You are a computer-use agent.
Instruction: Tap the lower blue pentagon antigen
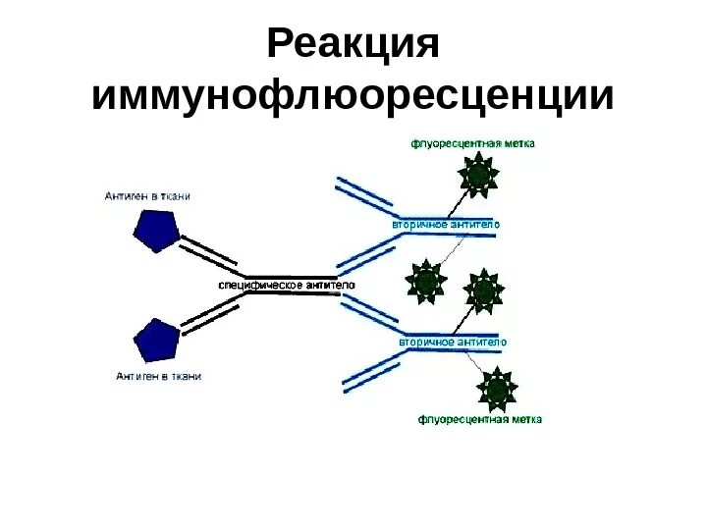pyautogui.click(x=157, y=340)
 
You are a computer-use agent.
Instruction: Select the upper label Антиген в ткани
pyautogui.click(x=147, y=196)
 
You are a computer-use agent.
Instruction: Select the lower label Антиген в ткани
pyautogui.click(x=158, y=376)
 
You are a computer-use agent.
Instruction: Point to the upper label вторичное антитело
pyautogui.click(x=446, y=225)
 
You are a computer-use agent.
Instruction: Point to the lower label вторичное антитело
pyautogui.click(x=453, y=342)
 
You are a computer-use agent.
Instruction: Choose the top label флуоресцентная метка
pyautogui.click(x=472, y=143)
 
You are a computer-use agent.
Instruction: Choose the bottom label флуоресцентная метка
pyautogui.click(x=480, y=420)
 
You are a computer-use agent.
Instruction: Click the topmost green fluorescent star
pyautogui.click(x=478, y=177)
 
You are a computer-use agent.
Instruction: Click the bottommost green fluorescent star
pyautogui.click(x=497, y=390)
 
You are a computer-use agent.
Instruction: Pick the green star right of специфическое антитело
pyautogui.click(x=426, y=282)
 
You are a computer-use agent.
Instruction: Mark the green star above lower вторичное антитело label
pyautogui.click(x=483, y=291)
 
